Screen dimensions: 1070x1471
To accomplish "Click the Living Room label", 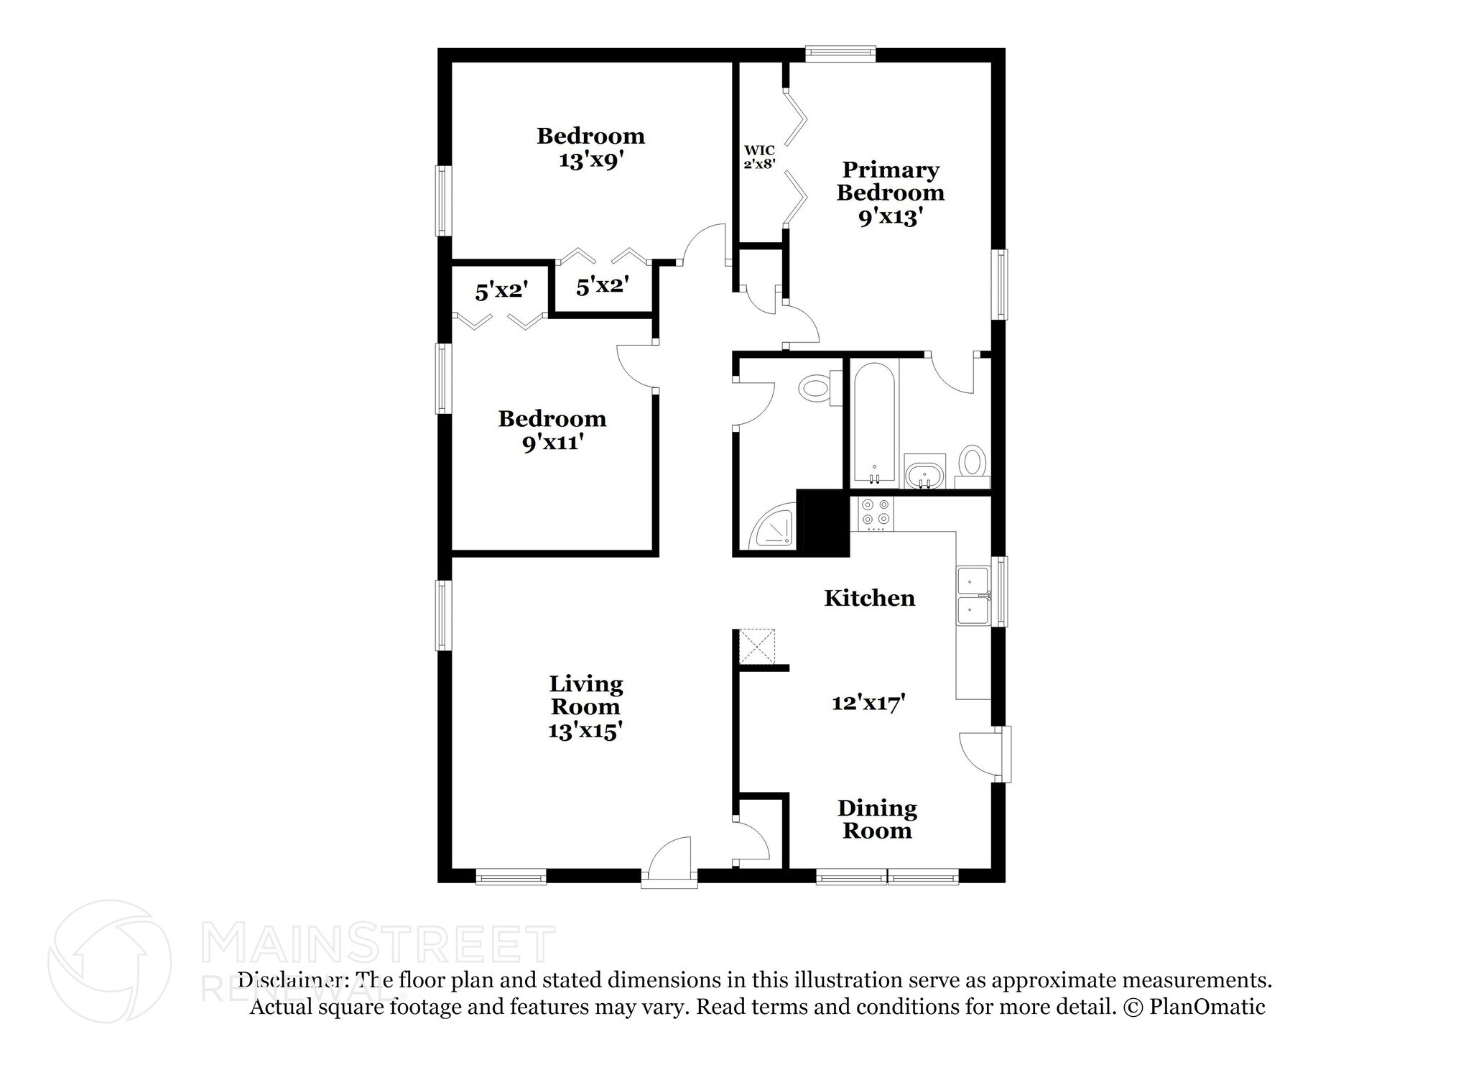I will coord(586,695).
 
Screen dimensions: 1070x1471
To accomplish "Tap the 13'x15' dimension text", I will coord(585,731).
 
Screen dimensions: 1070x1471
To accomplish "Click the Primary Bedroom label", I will coord(890,181).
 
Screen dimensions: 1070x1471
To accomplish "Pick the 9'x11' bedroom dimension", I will coord(552,443).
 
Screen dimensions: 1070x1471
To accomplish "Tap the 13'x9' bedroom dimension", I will coord(590,160).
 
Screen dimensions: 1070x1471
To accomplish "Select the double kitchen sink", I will coord(973,595).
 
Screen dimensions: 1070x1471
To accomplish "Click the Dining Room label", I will coord(877,819).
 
